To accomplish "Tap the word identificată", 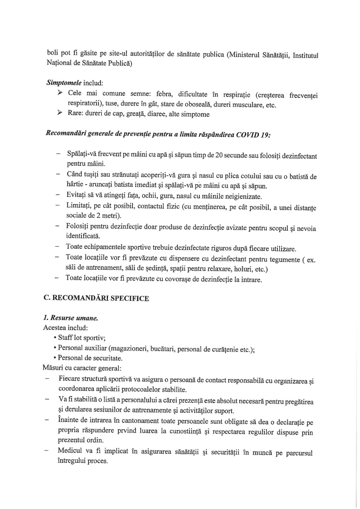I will [83, 236].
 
